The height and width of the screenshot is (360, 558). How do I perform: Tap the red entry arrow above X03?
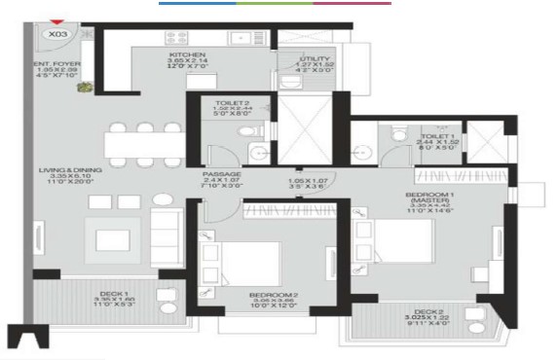pos(58,22)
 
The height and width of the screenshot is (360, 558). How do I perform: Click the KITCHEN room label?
pos(186,54)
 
